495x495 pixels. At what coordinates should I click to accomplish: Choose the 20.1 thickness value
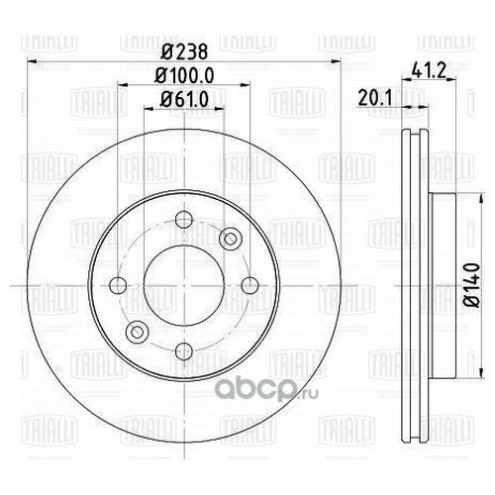tap(373, 96)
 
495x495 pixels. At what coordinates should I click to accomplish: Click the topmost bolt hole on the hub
tap(180, 222)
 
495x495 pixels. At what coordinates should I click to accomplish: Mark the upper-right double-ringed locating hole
tap(231, 238)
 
